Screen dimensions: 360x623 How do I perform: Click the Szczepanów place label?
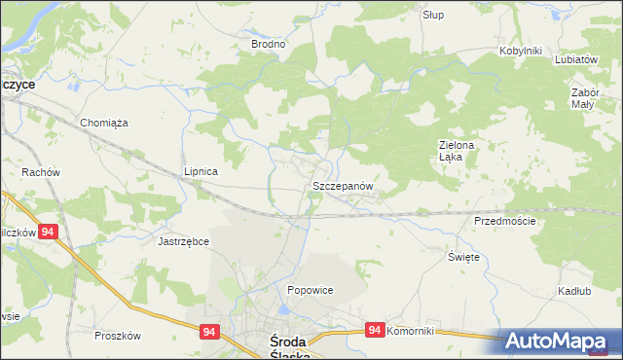point(343,185)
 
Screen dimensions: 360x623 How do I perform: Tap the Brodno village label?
point(269,44)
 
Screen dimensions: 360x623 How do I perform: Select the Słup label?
point(433,16)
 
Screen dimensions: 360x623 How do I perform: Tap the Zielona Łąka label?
point(455,151)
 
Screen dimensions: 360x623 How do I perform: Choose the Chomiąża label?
point(105,123)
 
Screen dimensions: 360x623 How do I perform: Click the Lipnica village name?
point(201,171)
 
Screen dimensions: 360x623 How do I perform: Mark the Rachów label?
point(41,172)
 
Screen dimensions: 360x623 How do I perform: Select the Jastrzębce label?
point(184,240)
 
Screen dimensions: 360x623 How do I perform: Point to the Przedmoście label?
point(505,221)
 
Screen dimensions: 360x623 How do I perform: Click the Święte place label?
point(463,257)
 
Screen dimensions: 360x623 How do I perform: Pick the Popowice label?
point(311,290)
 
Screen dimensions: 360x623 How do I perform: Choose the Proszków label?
point(118,336)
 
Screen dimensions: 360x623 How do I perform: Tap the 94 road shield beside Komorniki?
point(375,332)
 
